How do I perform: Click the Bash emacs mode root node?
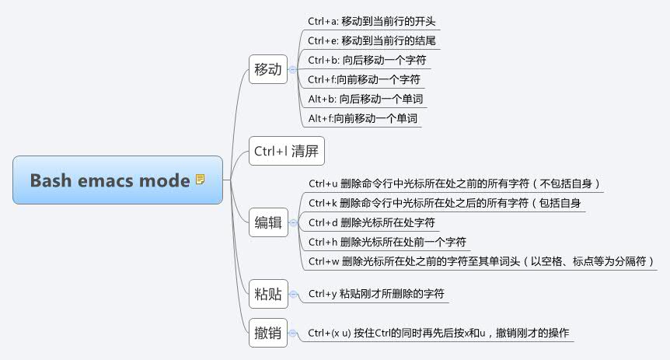click(x=117, y=180)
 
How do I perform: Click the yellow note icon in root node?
click(x=201, y=180)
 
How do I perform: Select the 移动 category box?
click(x=267, y=69)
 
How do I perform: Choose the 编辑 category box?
click(x=268, y=222)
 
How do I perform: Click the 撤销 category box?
click(x=267, y=334)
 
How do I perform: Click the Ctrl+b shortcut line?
click(x=367, y=60)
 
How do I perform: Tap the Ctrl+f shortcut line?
click(x=365, y=79)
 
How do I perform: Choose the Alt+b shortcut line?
click(x=366, y=99)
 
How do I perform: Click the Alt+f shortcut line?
click(x=363, y=118)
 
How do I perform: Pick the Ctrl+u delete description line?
click(x=455, y=183)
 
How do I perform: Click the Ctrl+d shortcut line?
click(x=372, y=222)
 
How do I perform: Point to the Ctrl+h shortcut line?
click(x=387, y=242)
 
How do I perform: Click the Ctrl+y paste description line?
click(x=376, y=294)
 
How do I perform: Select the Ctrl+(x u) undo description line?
click(x=438, y=334)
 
